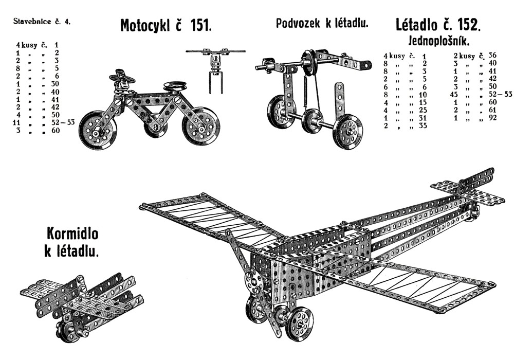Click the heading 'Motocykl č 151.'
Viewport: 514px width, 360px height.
(x=166, y=25)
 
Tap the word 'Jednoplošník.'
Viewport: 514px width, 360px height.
(x=439, y=41)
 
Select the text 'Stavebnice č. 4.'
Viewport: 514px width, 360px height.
(x=42, y=22)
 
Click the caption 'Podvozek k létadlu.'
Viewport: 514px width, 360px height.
(x=322, y=23)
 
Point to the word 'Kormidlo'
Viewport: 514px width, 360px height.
(x=72, y=233)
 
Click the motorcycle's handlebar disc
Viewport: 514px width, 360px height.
(x=123, y=78)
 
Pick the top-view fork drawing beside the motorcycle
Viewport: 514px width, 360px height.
(x=215, y=70)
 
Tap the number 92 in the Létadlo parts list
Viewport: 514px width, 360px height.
(x=492, y=118)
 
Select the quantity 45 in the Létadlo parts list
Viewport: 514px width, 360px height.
(x=455, y=95)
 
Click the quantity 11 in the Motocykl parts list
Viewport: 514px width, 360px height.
(x=16, y=122)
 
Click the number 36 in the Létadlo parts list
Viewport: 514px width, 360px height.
(x=492, y=55)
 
